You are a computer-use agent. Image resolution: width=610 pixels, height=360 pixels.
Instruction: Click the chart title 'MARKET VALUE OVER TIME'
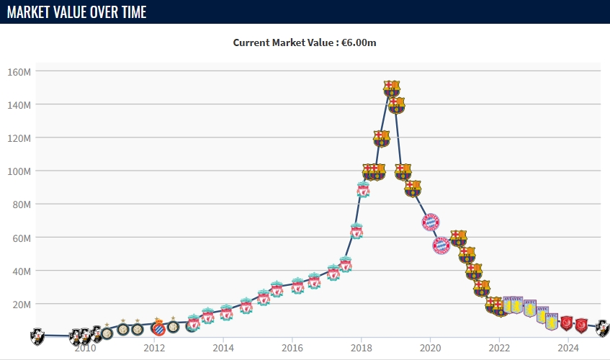click(77, 12)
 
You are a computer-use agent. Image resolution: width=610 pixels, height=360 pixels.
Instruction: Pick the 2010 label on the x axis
click(85, 348)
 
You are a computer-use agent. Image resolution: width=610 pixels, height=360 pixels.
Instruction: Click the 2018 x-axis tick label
click(362, 348)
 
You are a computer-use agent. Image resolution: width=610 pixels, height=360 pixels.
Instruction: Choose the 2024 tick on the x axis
click(569, 348)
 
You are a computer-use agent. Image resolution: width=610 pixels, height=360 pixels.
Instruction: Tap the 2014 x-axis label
click(223, 348)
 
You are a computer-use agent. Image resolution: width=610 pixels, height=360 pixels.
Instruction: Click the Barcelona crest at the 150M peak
click(391, 89)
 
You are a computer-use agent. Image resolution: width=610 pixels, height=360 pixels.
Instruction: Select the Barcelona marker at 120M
click(382, 138)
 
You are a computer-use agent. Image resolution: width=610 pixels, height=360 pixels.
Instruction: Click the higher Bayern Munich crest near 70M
click(430, 222)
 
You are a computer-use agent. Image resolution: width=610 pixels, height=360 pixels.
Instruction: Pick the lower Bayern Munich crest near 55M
click(441, 246)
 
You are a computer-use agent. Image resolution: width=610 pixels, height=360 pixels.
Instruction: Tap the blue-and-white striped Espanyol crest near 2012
click(158, 328)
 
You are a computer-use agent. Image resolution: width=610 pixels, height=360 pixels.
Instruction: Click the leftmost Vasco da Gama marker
click(37, 335)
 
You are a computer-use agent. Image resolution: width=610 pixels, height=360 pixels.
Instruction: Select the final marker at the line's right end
click(602, 328)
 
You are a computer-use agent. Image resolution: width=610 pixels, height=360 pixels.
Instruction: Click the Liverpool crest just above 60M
click(356, 231)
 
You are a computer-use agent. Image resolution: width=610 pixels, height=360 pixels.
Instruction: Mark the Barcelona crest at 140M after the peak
click(396, 105)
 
